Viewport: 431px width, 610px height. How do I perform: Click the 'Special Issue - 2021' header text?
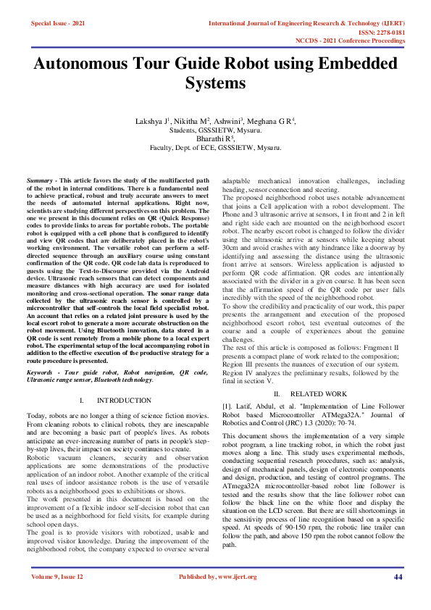pos(58,23)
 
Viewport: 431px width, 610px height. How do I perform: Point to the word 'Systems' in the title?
pos(215,83)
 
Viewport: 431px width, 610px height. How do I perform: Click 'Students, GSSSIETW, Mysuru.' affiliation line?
pos(215,130)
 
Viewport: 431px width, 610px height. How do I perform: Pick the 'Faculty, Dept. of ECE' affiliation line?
pos(215,147)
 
